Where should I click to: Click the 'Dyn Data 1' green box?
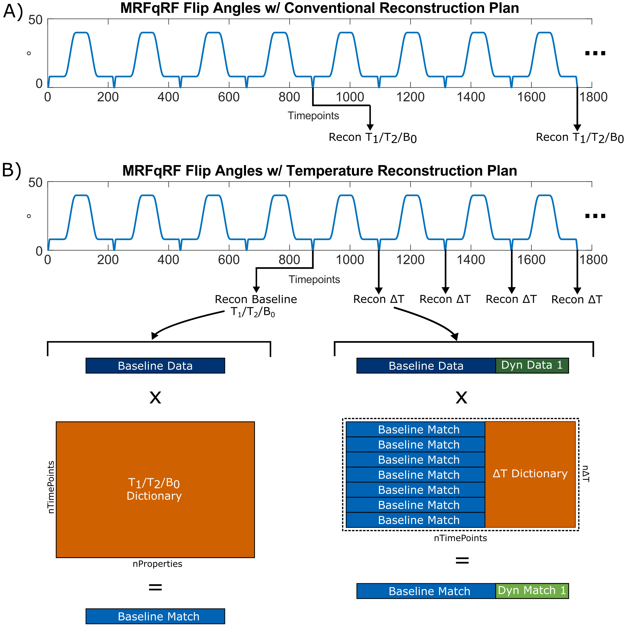point(532,365)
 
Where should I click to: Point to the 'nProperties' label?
point(157,564)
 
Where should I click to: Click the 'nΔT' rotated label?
point(585,474)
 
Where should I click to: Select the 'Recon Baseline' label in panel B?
point(256,299)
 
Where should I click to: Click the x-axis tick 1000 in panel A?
point(350,97)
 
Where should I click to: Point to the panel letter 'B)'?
point(12,170)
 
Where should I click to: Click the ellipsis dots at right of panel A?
point(595,53)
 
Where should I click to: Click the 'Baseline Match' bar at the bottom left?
point(155,616)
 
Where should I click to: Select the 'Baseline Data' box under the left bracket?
point(155,365)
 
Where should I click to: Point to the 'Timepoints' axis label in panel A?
point(313,115)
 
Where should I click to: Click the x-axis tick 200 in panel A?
point(108,97)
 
